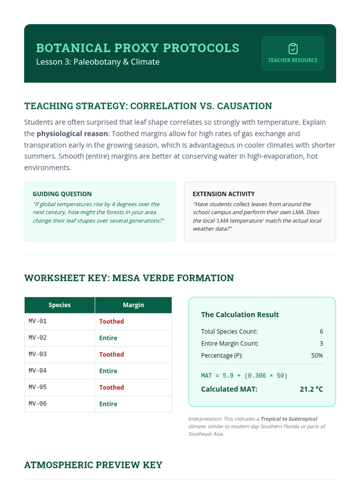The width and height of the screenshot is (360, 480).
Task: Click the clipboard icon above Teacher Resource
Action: (x=293, y=49)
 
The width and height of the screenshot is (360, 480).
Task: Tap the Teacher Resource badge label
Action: (x=292, y=60)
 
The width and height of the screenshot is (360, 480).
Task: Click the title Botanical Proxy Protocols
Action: (x=138, y=48)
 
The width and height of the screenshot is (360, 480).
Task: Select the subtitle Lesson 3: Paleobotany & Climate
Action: (x=98, y=62)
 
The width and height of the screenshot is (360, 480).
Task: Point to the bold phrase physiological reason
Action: (x=72, y=133)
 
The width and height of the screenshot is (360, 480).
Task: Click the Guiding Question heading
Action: (x=62, y=194)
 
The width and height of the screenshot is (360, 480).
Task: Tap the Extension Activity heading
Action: (x=223, y=194)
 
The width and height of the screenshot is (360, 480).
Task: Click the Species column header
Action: (x=59, y=305)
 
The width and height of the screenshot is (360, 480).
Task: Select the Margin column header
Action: (x=133, y=305)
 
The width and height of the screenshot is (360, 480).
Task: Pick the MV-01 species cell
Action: (x=38, y=321)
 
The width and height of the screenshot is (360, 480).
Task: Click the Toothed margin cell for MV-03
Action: (x=112, y=354)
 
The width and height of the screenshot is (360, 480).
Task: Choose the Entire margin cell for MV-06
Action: (x=108, y=404)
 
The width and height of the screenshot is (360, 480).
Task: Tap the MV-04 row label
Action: (x=38, y=371)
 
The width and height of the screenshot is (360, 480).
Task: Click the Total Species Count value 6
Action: (x=321, y=331)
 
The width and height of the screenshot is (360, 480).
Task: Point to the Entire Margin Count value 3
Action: (x=321, y=343)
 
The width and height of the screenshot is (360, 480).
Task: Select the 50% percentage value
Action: (x=317, y=355)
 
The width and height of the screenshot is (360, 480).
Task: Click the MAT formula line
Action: (x=244, y=376)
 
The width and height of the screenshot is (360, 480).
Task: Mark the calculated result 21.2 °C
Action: (x=311, y=389)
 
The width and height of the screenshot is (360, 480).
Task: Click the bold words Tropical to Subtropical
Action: (x=289, y=419)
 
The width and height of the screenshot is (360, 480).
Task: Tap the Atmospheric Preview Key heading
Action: (x=93, y=465)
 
